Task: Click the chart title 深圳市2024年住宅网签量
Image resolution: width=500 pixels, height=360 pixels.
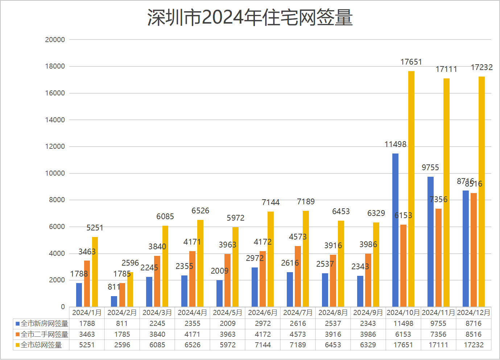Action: coord(250,17)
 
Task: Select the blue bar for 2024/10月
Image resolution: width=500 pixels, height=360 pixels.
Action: coord(395,230)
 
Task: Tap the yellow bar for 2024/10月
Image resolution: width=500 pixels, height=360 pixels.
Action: coord(411,189)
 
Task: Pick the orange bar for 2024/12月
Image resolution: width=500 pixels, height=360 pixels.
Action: coord(474,250)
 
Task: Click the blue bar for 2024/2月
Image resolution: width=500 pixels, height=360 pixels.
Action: coord(114,301)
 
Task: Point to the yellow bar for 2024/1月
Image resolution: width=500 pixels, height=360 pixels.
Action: coord(95,272)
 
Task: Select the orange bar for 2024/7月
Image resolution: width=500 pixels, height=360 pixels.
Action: coord(298,276)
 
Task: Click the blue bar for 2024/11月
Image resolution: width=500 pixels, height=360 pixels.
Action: coord(430,242)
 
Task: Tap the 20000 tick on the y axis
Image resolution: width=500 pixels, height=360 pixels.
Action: coord(55,40)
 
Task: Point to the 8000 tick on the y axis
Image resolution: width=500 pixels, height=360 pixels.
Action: coord(57,200)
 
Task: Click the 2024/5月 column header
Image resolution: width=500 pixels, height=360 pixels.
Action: coord(227,312)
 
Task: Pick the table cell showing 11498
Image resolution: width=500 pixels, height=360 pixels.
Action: coord(403,323)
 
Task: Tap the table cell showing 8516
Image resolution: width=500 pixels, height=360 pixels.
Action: coord(474,334)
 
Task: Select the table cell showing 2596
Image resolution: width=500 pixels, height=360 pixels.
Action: coord(122,345)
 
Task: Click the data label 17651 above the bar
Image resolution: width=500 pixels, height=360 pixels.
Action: coord(411,62)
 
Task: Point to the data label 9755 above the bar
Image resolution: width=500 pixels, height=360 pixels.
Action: coord(430,167)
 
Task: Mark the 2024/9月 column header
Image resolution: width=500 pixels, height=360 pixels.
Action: coord(368,312)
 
